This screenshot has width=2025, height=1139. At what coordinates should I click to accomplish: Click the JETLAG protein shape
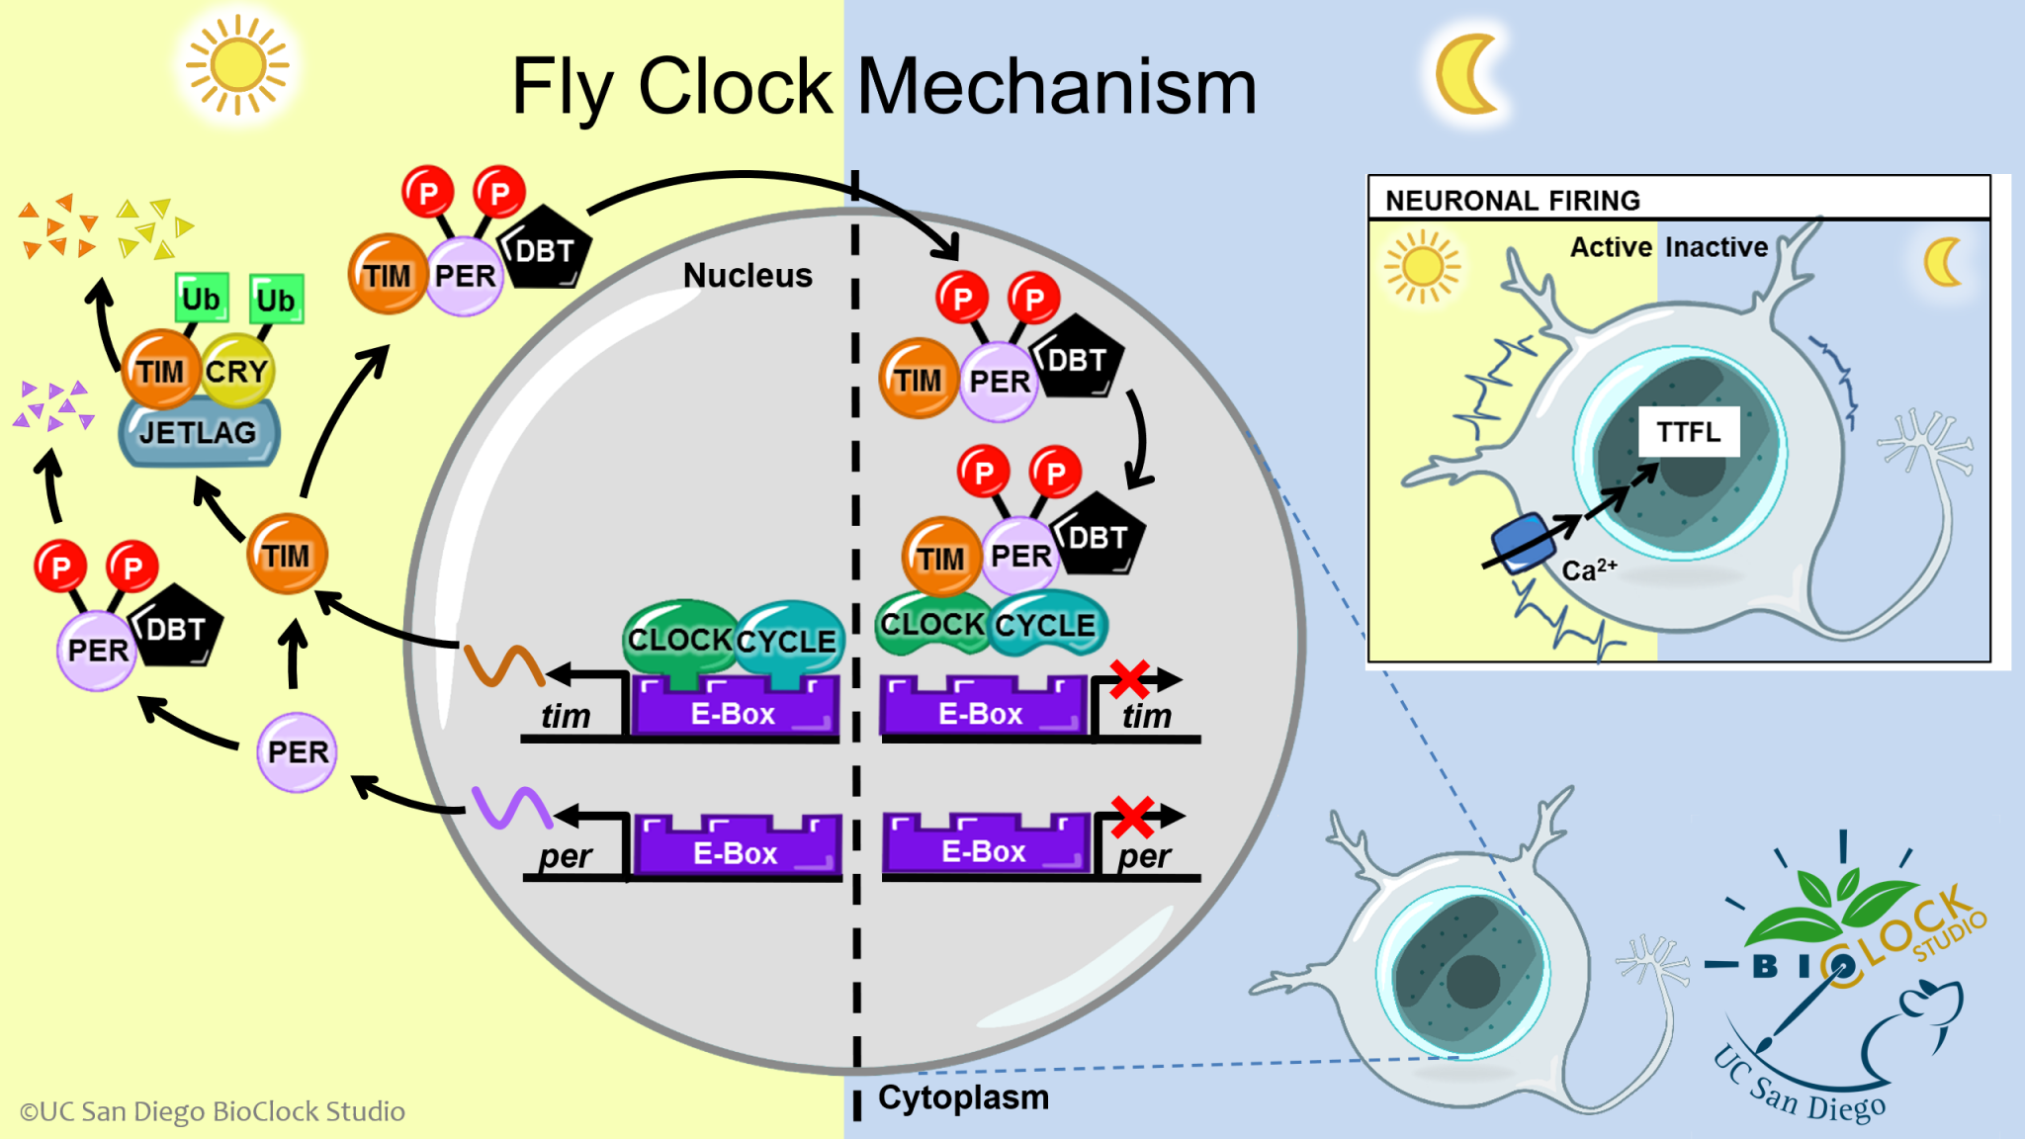click(x=199, y=433)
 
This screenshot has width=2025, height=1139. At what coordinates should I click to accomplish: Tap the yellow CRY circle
click(x=237, y=372)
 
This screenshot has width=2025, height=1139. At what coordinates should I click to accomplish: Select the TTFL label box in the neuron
click(x=1689, y=432)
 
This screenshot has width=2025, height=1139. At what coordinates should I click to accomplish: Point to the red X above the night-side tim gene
click(x=1129, y=678)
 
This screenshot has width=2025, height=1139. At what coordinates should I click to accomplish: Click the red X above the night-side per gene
click(x=1132, y=816)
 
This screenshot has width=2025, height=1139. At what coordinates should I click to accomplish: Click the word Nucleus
click(x=748, y=276)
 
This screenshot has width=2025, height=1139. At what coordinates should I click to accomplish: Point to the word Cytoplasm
click(x=963, y=1097)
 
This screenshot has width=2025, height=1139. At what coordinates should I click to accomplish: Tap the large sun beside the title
click(x=237, y=66)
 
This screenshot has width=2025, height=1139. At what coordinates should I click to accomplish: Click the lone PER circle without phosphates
click(x=297, y=752)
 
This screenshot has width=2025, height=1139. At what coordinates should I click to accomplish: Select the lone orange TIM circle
click(x=287, y=555)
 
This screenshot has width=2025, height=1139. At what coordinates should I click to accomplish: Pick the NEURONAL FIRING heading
click(x=1513, y=201)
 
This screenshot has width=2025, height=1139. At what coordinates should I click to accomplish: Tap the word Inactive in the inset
click(x=1717, y=247)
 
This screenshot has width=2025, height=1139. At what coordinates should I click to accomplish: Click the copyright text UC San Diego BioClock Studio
click(x=213, y=1111)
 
